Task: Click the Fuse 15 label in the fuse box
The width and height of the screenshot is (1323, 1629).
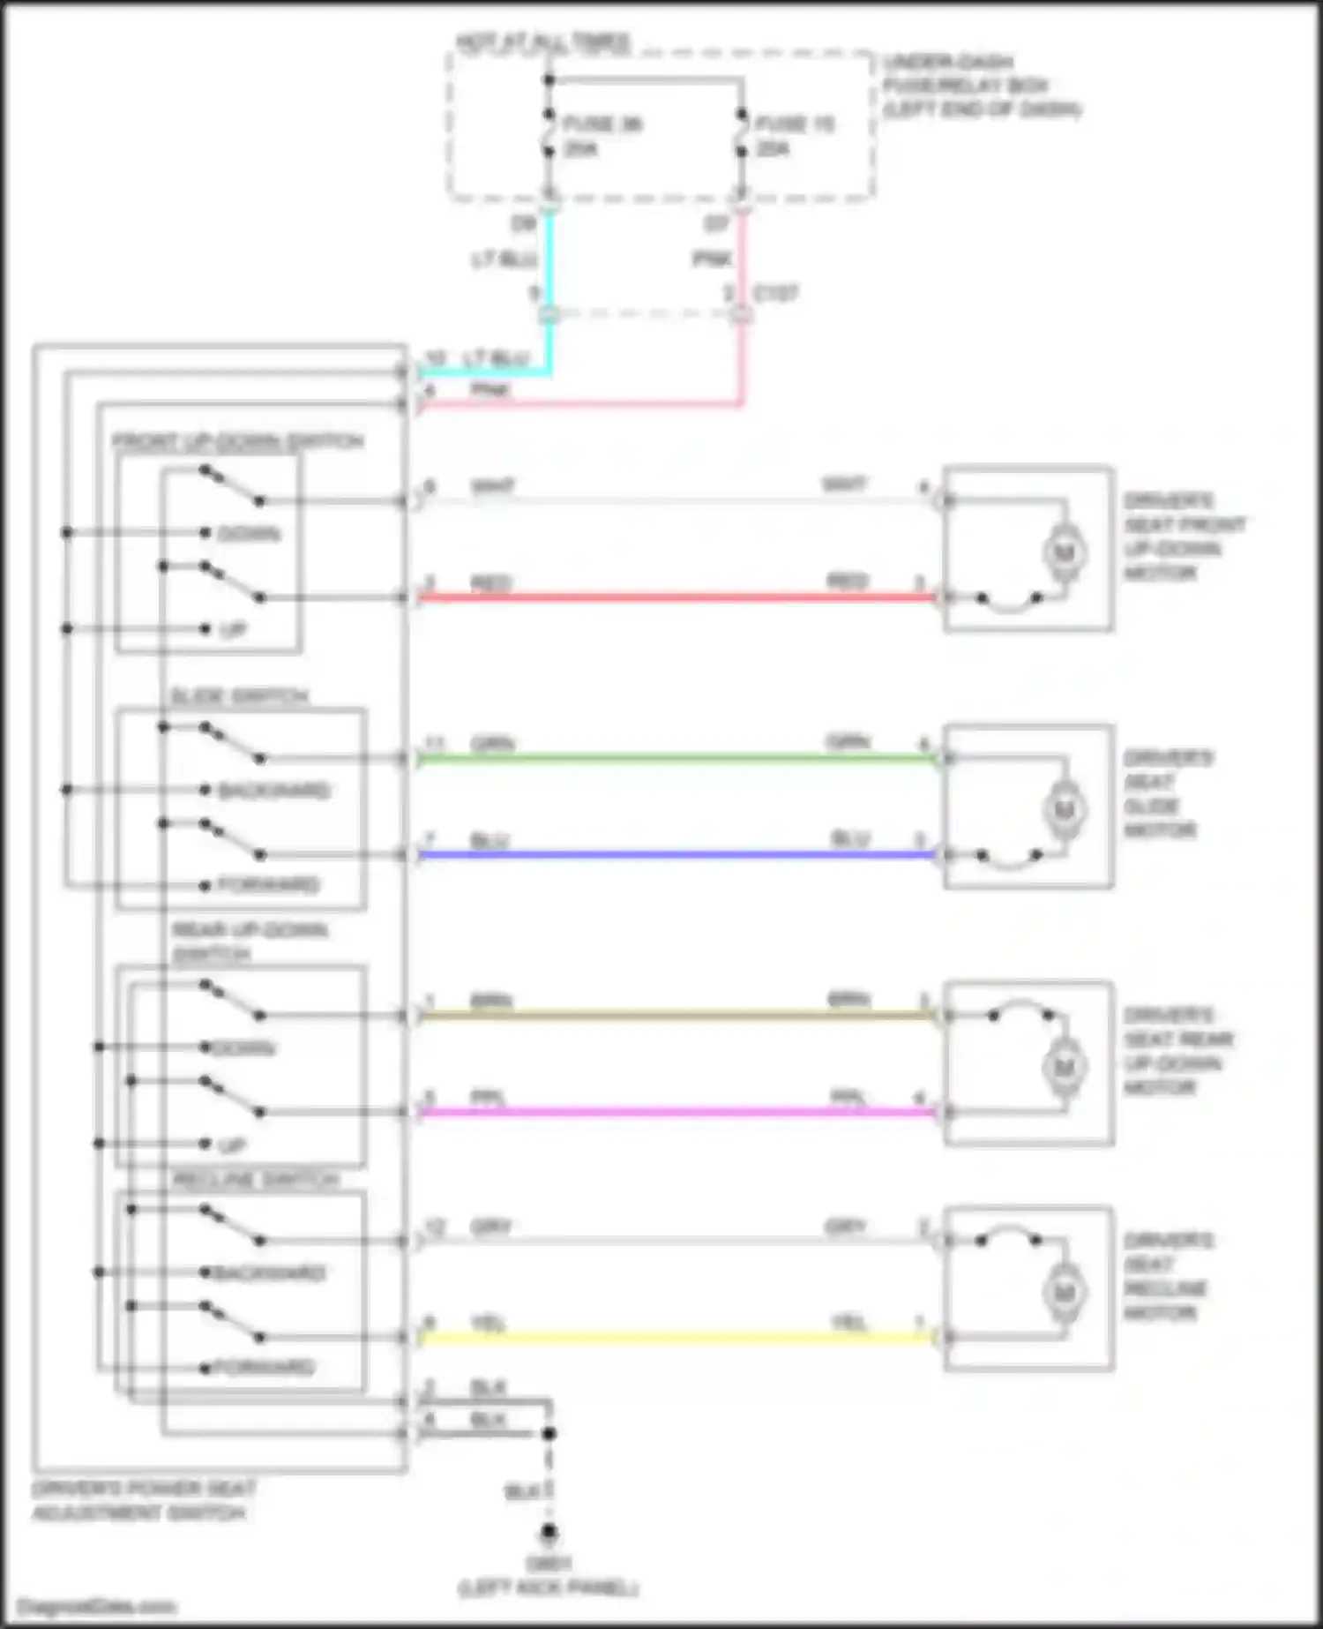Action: point(794,124)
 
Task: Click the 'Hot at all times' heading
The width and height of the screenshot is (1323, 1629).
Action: point(542,41)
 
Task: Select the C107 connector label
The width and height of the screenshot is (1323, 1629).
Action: point(775,294)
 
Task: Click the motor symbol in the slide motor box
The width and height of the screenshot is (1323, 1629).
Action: point(1064,809)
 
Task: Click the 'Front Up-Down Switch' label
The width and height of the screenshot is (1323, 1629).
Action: point(237,441)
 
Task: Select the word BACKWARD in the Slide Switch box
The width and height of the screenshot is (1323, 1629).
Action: point(273,790)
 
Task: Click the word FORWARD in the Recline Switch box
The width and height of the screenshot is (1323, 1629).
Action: point(264,1368)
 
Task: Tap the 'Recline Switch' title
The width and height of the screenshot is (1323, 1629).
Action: point(255,1180)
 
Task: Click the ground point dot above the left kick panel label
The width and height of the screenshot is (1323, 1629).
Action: point(549,1534)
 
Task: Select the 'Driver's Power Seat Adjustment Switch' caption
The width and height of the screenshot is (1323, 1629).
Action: point(141,1500)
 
